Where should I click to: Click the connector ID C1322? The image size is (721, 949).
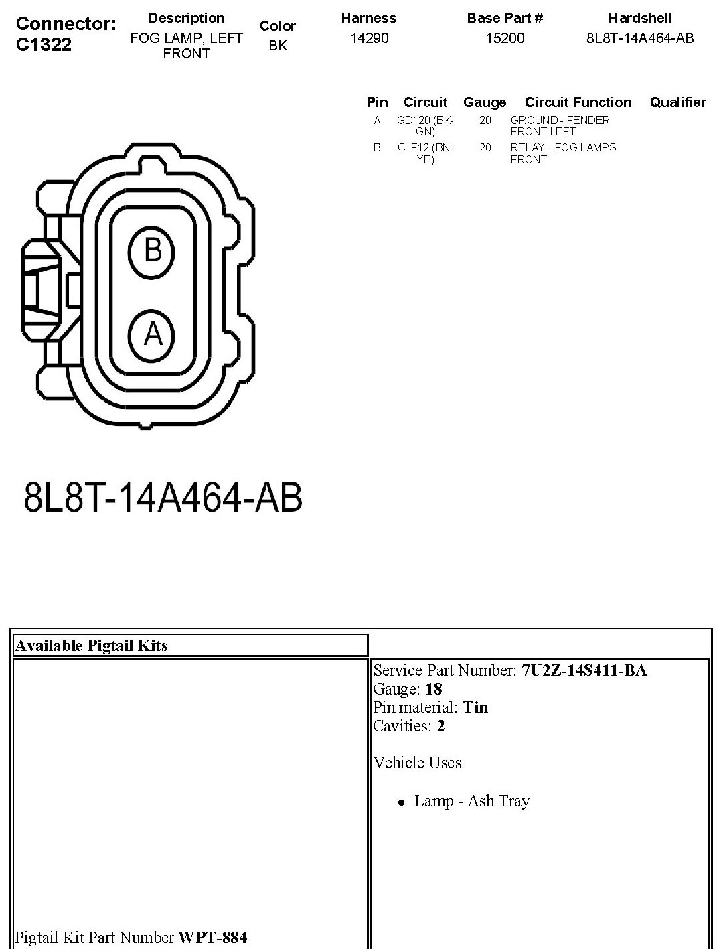[44, 44]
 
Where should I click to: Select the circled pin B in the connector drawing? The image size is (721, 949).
[151, 252]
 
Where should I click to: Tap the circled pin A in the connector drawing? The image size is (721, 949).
[151, 336]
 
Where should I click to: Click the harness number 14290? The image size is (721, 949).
[370, 38]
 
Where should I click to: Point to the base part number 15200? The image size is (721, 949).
[505, 38]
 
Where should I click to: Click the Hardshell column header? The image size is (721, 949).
[640, 18]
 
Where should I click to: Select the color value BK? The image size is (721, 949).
[278, 46]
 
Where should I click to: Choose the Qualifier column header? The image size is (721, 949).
[677, 102]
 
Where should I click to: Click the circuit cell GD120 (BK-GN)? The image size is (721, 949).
[425, 126]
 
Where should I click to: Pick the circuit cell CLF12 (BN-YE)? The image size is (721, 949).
[425, 153]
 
